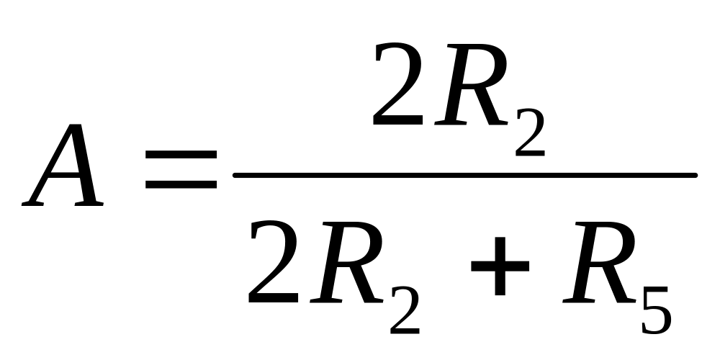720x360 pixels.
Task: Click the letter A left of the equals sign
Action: (x=65, y=167)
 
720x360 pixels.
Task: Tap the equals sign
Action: (x=181, y=170)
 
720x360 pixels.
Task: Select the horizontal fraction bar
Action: (x=464, y=175)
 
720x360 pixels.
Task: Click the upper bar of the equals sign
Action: (x=181, y=155)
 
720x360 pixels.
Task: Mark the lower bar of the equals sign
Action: (x=181, y=185)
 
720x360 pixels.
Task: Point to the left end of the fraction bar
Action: (x=236, y=175)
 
